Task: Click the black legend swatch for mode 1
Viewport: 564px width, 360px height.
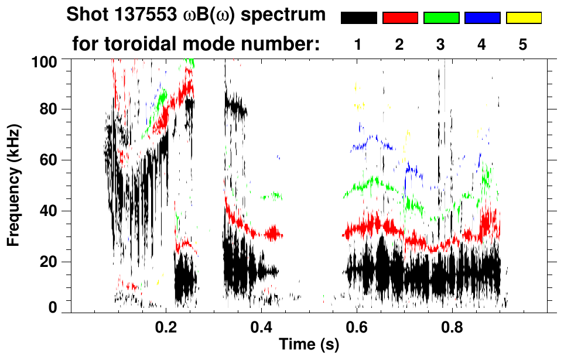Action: pyautogui.click(x=358, y=18)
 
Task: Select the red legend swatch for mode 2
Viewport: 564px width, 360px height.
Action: pyautogui.click(x=400, y=18)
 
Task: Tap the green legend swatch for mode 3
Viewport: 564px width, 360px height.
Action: pyautogui.click(x=441, y=18)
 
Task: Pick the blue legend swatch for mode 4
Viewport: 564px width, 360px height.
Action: pyautogui.click(x=482, y=18)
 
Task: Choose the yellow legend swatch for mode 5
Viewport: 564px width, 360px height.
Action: pyautogui.click(x=523, y=18)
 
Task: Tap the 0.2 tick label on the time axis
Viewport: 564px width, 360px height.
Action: pyautogui.click(x=166, y=328)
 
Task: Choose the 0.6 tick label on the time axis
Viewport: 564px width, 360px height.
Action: pyautogui.click(x=357, y=328)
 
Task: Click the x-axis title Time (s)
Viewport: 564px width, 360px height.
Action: pyautogui.click(x=309, y=345)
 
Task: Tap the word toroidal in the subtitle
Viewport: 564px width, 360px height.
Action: pyautogui.click(x=142, y=44)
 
